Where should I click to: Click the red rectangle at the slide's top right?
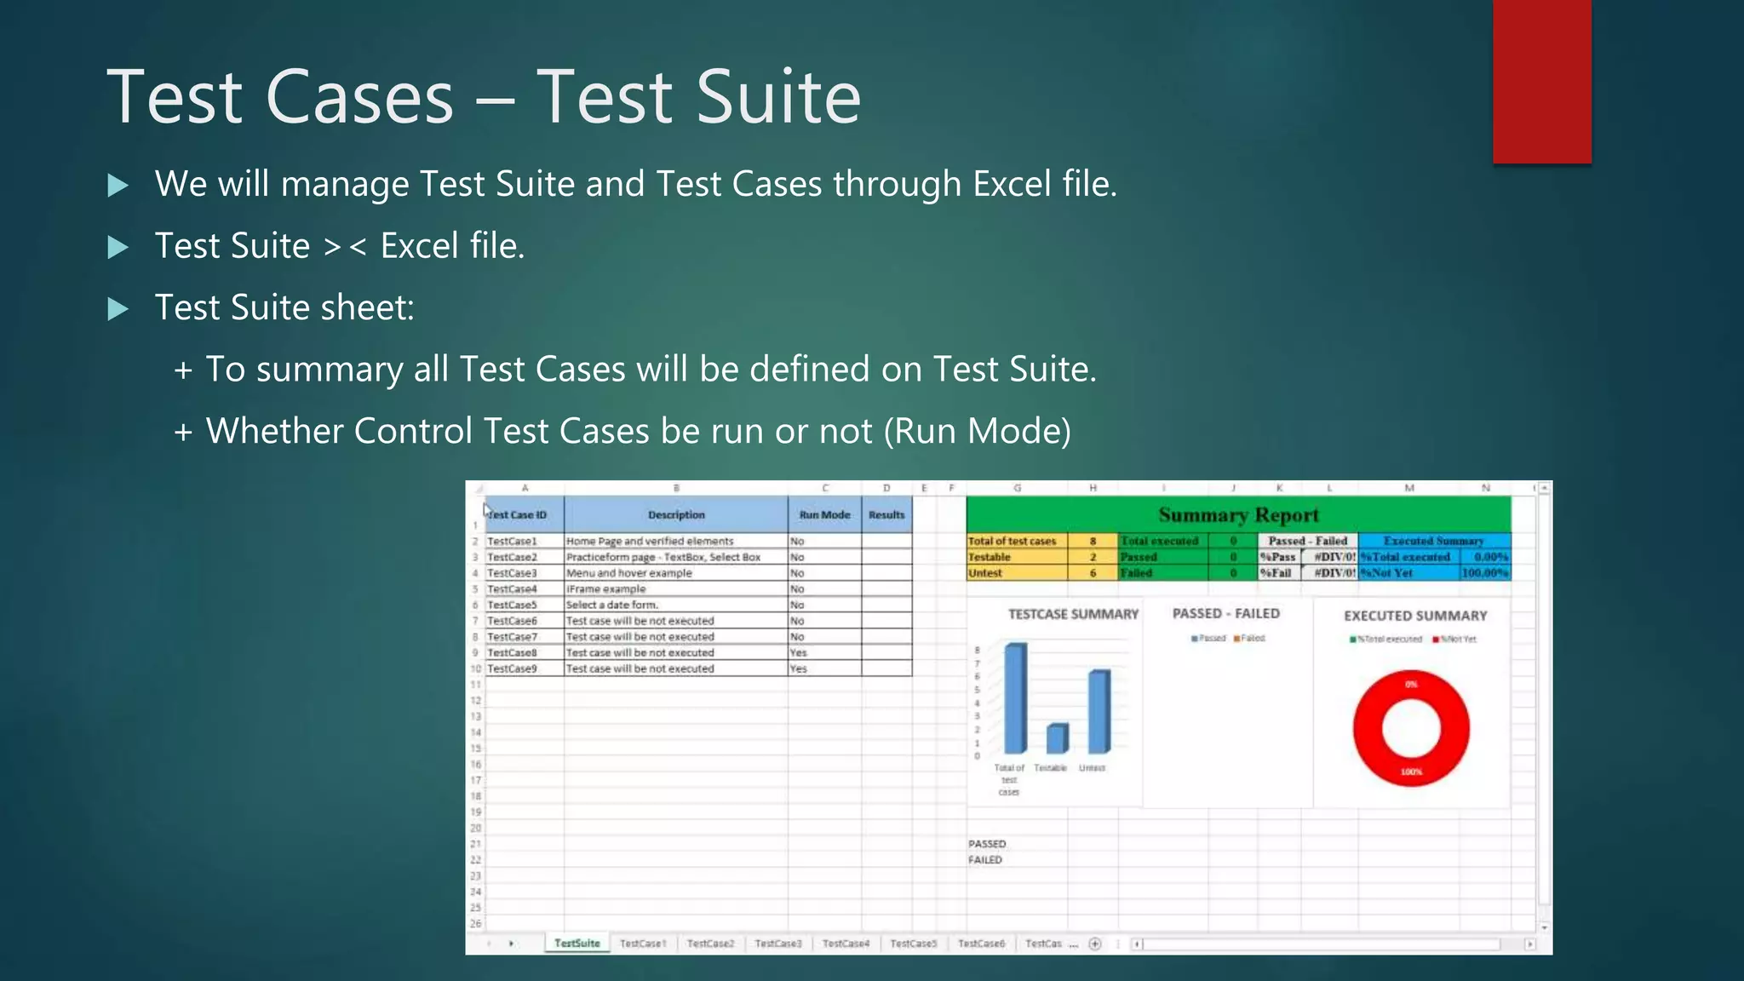[1541, 81]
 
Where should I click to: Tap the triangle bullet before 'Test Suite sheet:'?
[118, 308]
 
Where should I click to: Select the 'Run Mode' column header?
[824, 515]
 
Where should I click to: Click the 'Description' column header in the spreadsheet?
[676, 515]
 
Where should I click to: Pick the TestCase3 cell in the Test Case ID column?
[513, 573]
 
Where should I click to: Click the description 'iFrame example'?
[606, 589]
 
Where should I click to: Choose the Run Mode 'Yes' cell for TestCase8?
[799, 653]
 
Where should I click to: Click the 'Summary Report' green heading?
[1238, 515]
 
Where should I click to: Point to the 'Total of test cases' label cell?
[1013, 542]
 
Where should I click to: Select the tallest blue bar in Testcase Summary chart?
[1016, 698]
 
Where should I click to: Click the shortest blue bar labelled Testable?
[1057, 738]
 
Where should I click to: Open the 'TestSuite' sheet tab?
[577, 944]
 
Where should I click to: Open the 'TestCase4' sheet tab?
[846, 944]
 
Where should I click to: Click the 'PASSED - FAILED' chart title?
[1225, 613]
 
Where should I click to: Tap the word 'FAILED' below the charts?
[985, 860]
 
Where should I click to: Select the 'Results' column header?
[886, 515]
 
